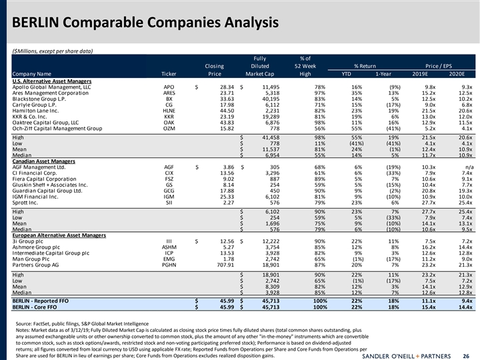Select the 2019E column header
425,73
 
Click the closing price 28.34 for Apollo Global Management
222,87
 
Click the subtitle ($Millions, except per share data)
53,51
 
